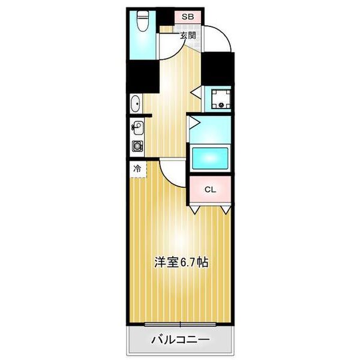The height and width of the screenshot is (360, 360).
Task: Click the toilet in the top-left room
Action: [x=142, y=22]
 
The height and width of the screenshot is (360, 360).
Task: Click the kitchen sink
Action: [x=137, y=128]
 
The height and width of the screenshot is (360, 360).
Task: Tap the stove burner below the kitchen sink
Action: [x=137, y=145]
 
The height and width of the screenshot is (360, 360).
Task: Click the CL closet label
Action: [x=209, y=190]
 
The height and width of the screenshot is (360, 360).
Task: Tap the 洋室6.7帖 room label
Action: [x=181, y=262]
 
